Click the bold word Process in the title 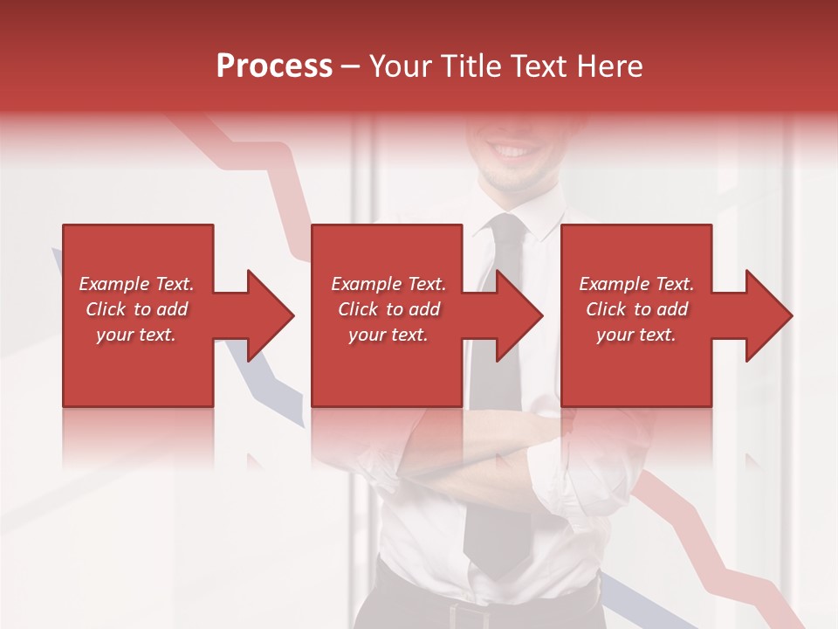click(x=274, y=66)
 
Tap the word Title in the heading click(x=472, y=66)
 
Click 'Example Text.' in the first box click(x=136, y=284)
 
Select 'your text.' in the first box click(x=136, y=335)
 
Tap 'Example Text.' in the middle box click(x=388, y=284)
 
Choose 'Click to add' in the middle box click(x=388, y=309)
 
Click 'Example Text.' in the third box click(x=636, y=284)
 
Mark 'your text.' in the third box click(x=636, y=335)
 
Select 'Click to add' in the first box click(x=136, y=309)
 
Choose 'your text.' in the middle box click(x=388, y=335)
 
